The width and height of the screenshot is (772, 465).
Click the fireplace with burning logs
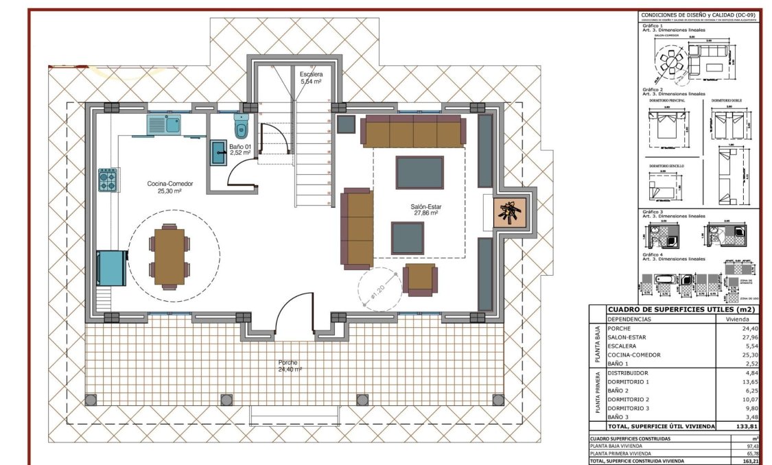(511, 211)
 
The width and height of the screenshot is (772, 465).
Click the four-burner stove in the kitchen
(107, 180)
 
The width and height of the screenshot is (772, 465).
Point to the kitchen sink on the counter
(163, 124)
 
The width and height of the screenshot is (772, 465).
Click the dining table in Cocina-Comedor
(169, 256)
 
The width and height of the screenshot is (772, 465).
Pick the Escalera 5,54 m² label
(311, 77)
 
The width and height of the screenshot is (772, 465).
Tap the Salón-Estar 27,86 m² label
(425, 209)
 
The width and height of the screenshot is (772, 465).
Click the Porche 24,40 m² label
(288, 366)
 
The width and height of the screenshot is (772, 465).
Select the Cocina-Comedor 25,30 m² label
(169, 187)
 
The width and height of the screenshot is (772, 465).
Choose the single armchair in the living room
(420, 279)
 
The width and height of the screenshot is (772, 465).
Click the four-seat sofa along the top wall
(413, 131)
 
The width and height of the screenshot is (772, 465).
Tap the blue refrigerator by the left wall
(111, 268)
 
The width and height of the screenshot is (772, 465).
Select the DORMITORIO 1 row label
(628, 381)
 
